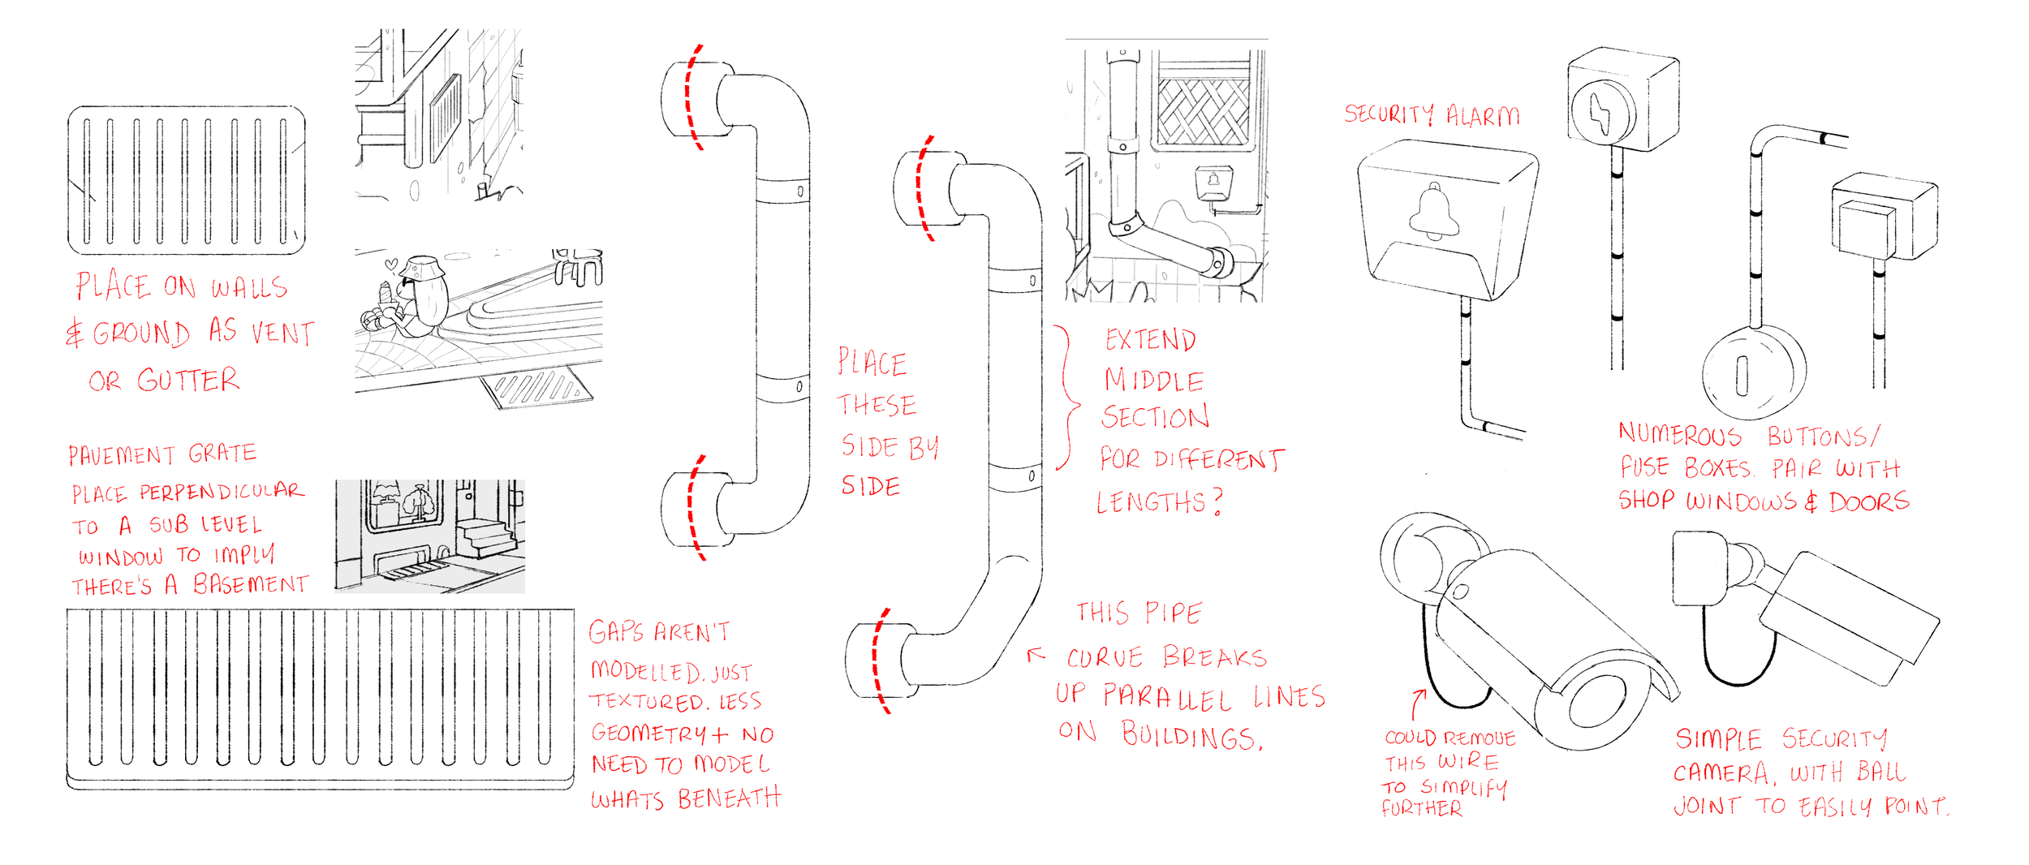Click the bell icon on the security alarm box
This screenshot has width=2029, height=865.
(x=1434, y=213)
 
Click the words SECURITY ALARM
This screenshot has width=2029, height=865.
(x=1431, y=115)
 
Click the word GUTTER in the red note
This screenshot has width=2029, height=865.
(x=188, y=380)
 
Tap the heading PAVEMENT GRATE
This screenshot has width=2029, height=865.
(x=162, y=454)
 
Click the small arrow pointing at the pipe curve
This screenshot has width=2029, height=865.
(x=1036, y=654)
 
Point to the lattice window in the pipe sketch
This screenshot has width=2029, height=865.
(x=1203, y=113)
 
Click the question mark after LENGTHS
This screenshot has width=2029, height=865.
(x=1217, y=502)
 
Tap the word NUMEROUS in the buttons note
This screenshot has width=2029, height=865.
(x=1679, y=435)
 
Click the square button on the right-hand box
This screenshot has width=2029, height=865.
(x=1866, y=230)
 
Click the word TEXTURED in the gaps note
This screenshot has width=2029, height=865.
(x=647, y=701)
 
